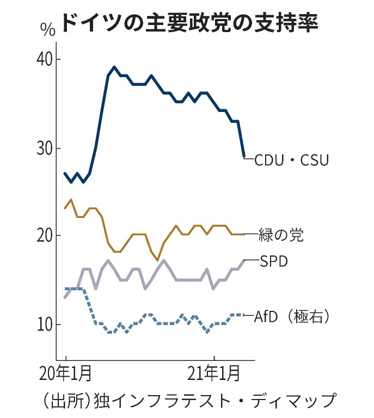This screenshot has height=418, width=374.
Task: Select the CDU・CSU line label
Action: pyautogui.click(x=292, y=160)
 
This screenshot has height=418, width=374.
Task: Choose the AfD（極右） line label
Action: pyautogui.click(x=291, y=315)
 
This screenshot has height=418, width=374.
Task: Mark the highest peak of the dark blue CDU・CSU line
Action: pyautogui.click(x=114, y=67)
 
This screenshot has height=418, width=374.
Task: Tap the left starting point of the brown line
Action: pyautogui.click(x=65, y=208)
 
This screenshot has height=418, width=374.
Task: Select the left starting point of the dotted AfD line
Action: pyautogui.click(x=65, y=289)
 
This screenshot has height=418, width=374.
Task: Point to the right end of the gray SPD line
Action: pyautogui.click(x=244, y=260)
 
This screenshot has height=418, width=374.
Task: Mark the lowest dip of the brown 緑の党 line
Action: pyautogui.click(x=158, y=260)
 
